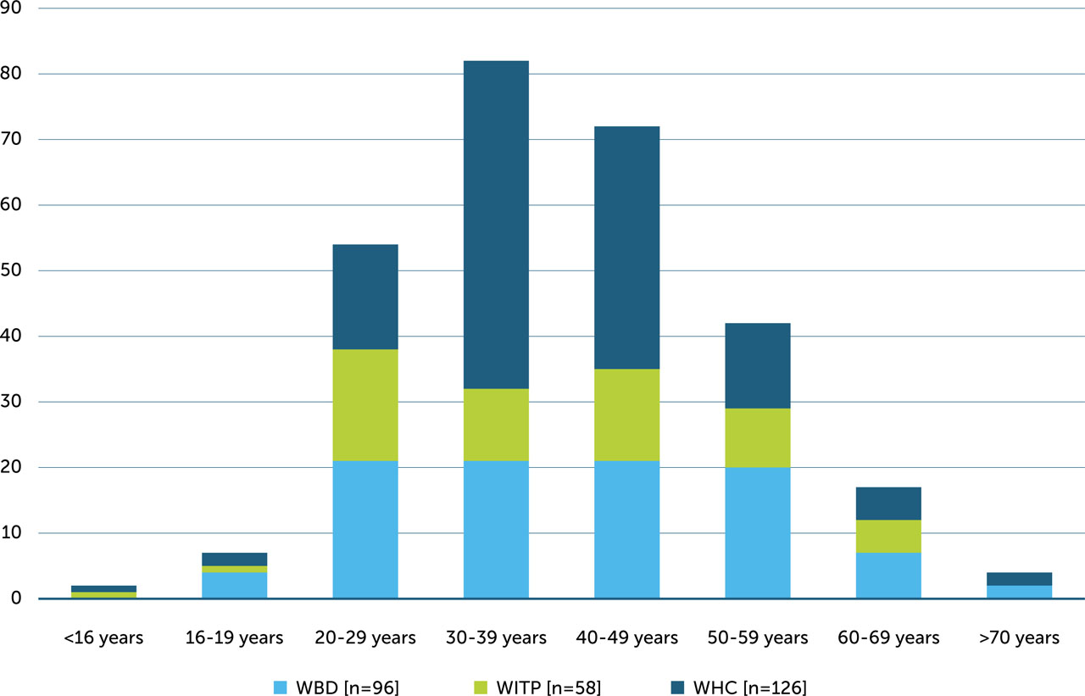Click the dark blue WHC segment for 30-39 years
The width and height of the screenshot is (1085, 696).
(x=496, y=225)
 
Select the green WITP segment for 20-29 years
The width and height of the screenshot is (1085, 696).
(x=365, y=405)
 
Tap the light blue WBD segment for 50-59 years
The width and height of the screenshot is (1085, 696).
(x=758, y=532)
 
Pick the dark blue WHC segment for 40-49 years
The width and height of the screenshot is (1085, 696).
(x=627, y=248)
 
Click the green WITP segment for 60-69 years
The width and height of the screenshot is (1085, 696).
(x=888, y=537)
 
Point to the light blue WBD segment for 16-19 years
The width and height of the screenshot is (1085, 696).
(x=235, y=585)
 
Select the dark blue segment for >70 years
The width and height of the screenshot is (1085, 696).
(x=1020, y=579)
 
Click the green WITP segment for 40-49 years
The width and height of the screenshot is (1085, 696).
(x=627, y=415)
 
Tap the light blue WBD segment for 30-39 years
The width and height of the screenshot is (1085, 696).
(x=496, y=529)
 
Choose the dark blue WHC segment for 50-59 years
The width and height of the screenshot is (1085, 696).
(x=758, y=365)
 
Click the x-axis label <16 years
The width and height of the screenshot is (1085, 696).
(x=103, y=638)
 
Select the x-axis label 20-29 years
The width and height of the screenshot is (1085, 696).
(x=365, y=638)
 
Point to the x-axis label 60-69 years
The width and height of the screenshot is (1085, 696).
(x=888, y=638)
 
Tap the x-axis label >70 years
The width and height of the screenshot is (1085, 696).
(x=1020, y=638)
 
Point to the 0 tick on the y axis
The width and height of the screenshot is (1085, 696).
(x=19, y=599)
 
